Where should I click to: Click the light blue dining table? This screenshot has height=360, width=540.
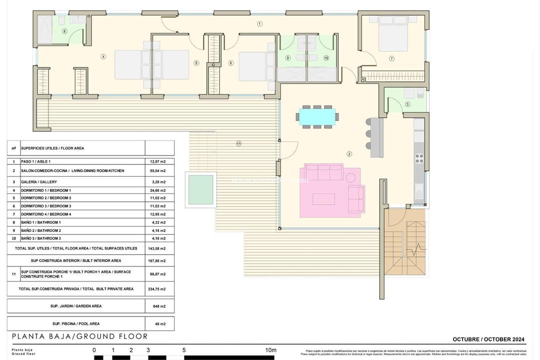[x=317, y=116]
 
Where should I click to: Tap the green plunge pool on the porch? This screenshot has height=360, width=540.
[x=200, y=189]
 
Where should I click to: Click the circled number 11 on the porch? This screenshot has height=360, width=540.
[x=238, y=143]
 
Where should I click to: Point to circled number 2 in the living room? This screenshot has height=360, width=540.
[x=349, y=153]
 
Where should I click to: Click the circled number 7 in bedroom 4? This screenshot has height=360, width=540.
[x=391, y=58]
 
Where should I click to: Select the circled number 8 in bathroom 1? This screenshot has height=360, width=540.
[x=64, y=31]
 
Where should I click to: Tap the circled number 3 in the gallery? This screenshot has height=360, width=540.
[x=407, y=104]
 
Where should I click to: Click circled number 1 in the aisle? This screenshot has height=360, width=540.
[x=259, y=23]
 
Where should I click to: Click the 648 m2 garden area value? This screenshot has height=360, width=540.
[x=159, y=306]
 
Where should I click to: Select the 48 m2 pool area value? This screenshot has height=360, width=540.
[x=159, y=324]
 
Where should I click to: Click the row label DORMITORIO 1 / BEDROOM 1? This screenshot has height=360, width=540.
[x=46, y=190]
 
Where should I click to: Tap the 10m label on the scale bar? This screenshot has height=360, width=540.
[x=270, y=350]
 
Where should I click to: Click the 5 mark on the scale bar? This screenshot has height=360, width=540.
[x=184, y=350]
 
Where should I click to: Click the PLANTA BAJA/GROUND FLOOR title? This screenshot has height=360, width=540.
[x=80, y=336]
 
